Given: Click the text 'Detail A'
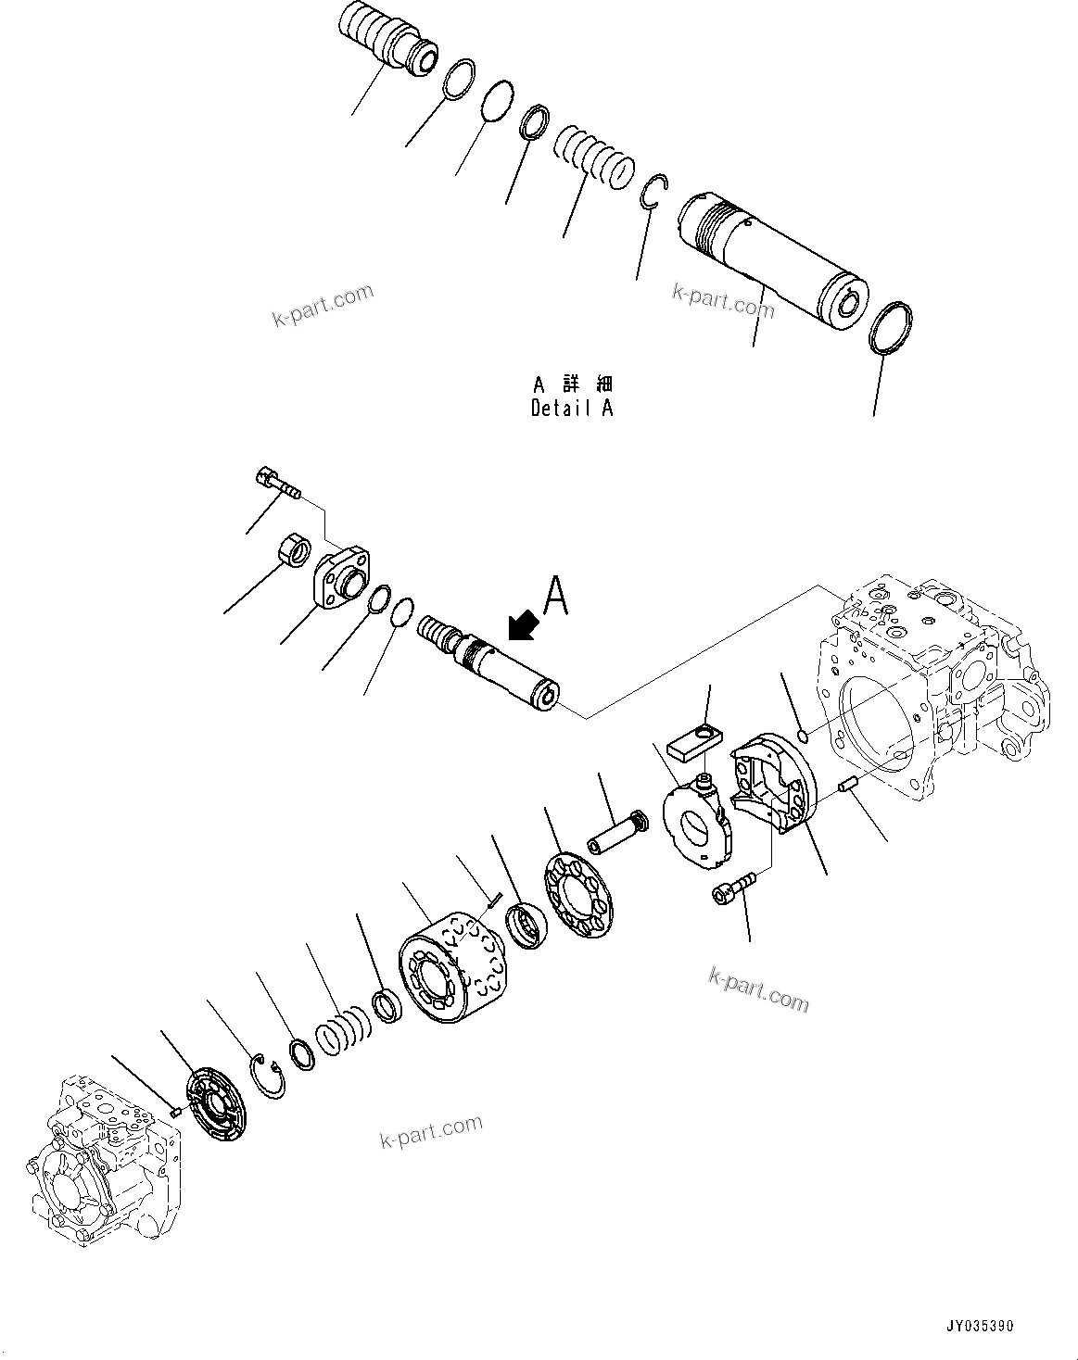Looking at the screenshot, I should (571, 408).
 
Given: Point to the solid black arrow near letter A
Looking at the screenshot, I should (524, 625).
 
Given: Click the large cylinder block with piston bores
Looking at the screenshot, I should (453, 964).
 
